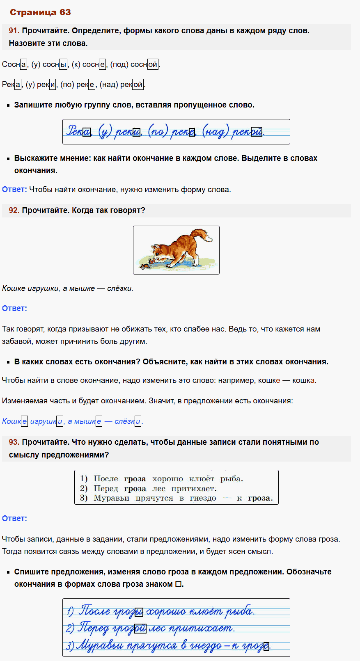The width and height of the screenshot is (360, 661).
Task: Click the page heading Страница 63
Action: pyautogui.click(x=40, y=12)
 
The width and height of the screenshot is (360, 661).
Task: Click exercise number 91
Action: pyautogui.click(x=14, y=31)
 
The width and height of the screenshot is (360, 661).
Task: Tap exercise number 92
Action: pyautogui.click(x=14, y=210)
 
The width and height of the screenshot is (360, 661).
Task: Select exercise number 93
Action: pyautogui.click(x=14, y=442)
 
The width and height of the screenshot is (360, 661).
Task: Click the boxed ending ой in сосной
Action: pyautogui.click(x=153, y=64)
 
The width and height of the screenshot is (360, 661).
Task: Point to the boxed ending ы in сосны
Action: pyautogui.click(x=63, y=64)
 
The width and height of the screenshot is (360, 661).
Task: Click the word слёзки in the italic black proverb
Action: pyautogui.click(x=119, y=288)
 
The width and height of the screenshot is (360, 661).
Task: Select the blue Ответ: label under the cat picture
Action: pyautogui.click(x=14, y=309)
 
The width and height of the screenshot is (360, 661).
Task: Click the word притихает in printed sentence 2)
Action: pyautogui.click(x=194, y=489)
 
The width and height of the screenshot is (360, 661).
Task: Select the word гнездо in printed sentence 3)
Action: pyautogui.click(x=203, y=498)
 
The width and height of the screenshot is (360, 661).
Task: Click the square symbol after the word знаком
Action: pyautogui.click(x=178, y=584)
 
